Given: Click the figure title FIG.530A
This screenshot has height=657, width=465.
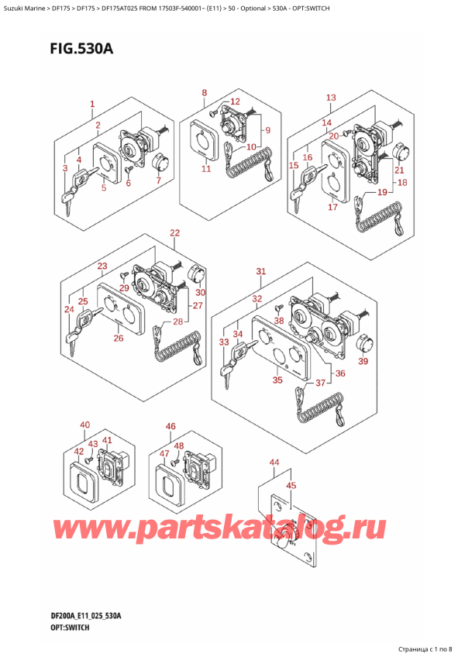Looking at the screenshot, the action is tap(81, 49).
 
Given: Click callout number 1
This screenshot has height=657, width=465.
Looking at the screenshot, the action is tap(92, 104).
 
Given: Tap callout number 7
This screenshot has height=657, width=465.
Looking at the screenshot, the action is tap(158, 181).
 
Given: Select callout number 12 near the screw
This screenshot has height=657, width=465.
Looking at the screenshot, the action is tap(235, 101).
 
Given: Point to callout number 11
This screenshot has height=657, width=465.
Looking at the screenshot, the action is tap(206, 168).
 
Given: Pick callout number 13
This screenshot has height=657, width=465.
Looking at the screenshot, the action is tap(331, 97).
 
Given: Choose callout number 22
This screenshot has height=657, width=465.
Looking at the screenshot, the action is tap(174, 232).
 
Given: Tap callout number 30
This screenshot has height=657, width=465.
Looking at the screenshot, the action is tap(201, 292).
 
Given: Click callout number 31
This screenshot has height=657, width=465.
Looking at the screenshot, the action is tap(261, 271).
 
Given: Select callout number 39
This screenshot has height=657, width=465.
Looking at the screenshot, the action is tap(363, 361).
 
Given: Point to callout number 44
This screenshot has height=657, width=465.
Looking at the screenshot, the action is tap(274, 463).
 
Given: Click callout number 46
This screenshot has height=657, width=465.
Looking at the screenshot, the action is tap(170, 426).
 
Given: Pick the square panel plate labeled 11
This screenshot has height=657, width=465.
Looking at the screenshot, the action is tap(204, 140).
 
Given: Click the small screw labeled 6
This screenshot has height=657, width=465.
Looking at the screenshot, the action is tap(129, 169).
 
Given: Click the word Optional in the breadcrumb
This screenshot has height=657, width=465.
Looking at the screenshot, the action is tap(253, 8).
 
